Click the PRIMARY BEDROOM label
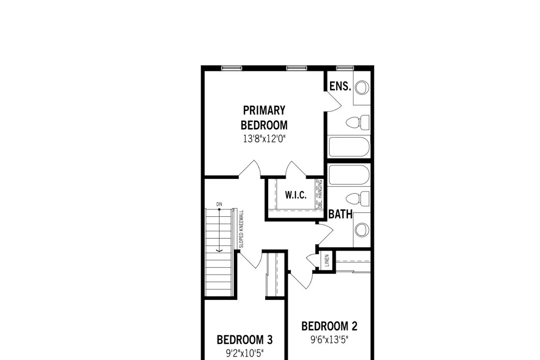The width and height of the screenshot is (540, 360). (264, 118)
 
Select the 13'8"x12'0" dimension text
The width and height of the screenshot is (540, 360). (264, 139)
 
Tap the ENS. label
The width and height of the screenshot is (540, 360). (340, 86)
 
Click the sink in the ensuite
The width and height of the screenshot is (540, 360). (362, 87)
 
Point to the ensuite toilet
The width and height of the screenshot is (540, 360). (357, 122)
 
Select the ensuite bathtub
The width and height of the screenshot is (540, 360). (349, 147)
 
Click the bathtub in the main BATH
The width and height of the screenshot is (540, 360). (349, 175)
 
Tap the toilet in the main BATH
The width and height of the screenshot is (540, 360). (357, 199)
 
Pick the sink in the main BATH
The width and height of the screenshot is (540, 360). (362, 230)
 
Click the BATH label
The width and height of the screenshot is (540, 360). (341, 214)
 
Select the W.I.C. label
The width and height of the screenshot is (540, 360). (296, 195)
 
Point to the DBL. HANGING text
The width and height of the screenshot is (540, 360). (320, 194)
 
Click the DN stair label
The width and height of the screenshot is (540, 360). (219, 204)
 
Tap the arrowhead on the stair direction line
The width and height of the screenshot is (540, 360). (219, 251)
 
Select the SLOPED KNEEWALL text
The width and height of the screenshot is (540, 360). (241, 229)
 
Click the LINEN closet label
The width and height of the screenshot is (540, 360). (327, 260)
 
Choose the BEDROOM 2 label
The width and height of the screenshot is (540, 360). (329, 326)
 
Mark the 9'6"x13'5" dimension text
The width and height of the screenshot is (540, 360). (329, 340)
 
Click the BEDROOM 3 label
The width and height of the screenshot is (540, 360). (245, 340)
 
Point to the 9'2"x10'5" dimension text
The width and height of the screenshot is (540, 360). (245, 353)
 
